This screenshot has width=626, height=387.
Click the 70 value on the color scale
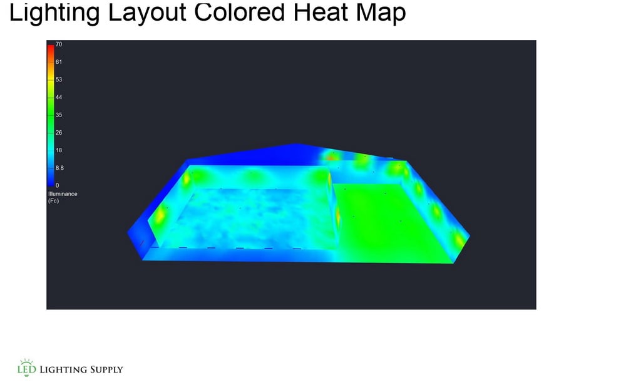(58, 44)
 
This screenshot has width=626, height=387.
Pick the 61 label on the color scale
(58, 62)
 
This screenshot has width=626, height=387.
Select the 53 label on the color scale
(58, 80)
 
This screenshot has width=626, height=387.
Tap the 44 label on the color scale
(58, 98)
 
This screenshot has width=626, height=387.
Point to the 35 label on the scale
(58, 115)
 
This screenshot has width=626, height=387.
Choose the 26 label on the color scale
(58, 133)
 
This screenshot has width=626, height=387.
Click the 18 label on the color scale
(58, 150)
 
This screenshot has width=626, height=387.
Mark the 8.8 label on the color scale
(59, 168)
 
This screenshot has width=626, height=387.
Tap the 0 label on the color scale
(57, 185)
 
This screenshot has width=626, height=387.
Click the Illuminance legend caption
(62, 194)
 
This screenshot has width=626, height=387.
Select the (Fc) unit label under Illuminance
(53, 200)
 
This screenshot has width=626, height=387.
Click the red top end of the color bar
(50, 46)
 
